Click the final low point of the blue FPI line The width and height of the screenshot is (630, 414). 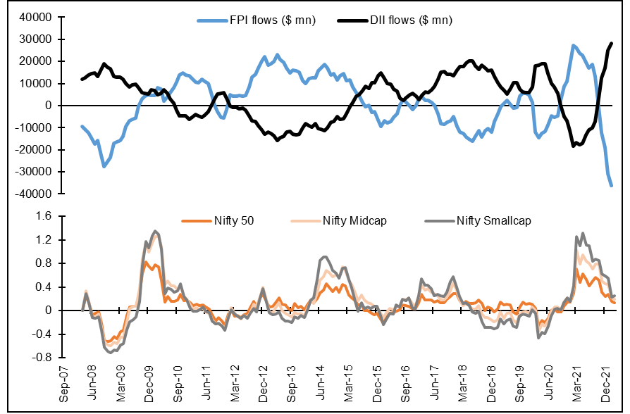(612, 185)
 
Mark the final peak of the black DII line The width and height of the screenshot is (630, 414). (612, 44)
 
